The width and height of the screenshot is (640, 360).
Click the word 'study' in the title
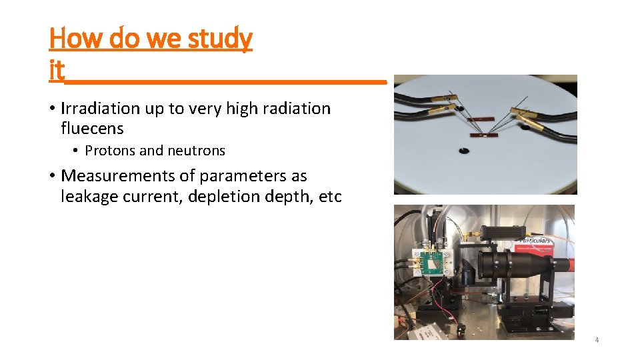click(x=219, y=39)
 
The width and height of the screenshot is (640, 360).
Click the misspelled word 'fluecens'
click(x=92, y=128)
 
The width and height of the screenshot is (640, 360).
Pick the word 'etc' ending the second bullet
click(x=329, y=197)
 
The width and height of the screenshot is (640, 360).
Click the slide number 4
click(x=597, y=340)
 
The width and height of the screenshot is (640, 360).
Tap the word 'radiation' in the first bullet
click(x=295, y=109)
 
